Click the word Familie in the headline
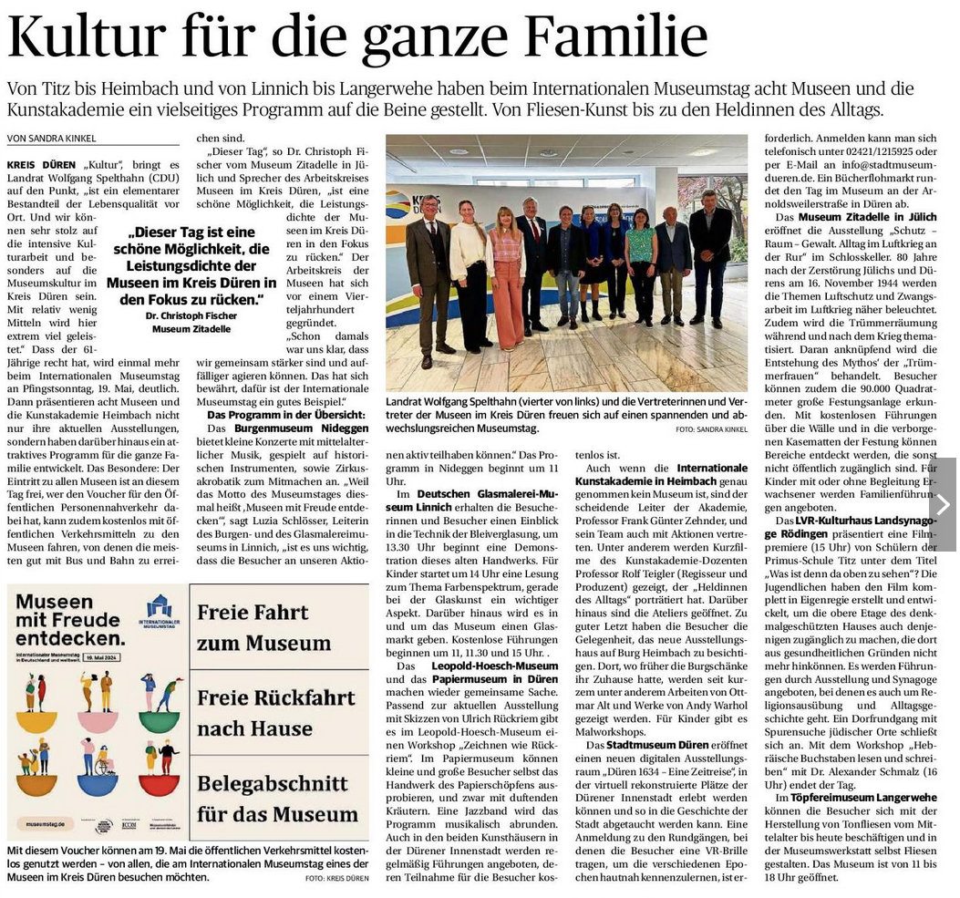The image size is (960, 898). pyautogui.click(x=621, y=38)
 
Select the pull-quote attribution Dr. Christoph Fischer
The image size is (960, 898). pyautogui.click(x=191, y=315)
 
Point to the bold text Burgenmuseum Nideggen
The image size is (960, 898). pyautogui.click(x=290, y=428)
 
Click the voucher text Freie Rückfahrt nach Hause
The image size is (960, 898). pyautogui.click(x=275, y=713)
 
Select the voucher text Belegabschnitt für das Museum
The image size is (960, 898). pyautogui.click(x=277, y=800)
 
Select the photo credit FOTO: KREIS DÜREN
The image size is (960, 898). pyautogui.click(x=337, y=877)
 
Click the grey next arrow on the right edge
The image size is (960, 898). pyautogui.click(x=943, y=504)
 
